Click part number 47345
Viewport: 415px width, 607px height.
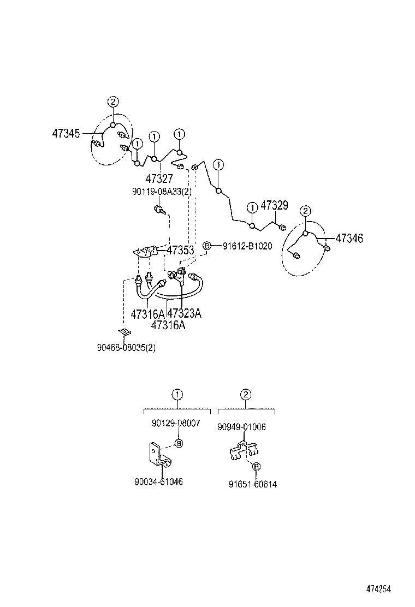[x=66, y=133]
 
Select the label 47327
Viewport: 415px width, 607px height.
[x=159, y=178]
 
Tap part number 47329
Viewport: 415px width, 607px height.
[x=274, y=205]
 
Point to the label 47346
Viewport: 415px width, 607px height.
[x=349, y=238]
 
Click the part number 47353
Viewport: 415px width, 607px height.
[x=180, y=251]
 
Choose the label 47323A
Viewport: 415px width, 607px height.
[x=184, y=313]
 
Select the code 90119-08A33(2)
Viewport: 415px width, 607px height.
[x=162, y=192]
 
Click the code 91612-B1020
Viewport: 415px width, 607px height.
[x=247, y=246]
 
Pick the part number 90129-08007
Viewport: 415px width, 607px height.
[x=176, y=423]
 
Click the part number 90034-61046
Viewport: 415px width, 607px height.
[x=158, y=482]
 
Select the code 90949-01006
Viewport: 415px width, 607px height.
[x=242, y=427]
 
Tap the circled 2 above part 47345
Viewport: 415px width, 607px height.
[x=112, y=101]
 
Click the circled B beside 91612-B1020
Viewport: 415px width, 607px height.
[x=207, y=246]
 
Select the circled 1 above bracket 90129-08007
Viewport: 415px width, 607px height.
[x=177, y=394]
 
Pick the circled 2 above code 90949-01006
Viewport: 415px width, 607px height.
[x=246, y=394]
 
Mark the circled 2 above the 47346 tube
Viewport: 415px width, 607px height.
[x=306, y=211]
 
